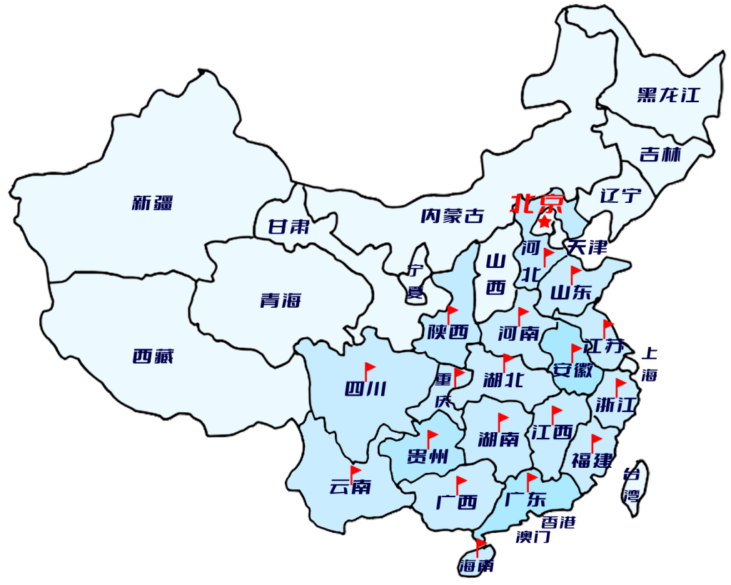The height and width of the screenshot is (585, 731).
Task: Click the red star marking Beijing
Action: click(545, 223)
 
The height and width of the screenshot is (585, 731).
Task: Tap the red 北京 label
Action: click(537, 204)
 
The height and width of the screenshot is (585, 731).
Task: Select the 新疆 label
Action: click(152, 202)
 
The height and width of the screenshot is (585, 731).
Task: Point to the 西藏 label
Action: click(153, 356)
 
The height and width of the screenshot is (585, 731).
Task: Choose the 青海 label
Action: click(281, 301)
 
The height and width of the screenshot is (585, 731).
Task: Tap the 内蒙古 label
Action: click(452, 216)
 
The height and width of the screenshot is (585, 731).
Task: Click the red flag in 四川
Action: click(370, 370)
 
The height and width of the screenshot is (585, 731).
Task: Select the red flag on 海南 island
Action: click(480, 546)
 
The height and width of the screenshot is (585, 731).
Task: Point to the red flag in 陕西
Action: click(452, 313)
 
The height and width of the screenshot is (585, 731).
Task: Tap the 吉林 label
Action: click(660, 154)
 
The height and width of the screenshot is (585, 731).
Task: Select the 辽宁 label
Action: click(620, 195)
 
